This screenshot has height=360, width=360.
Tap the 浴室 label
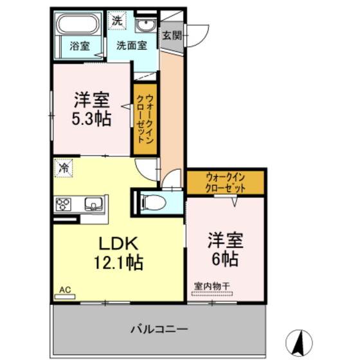(80, 46)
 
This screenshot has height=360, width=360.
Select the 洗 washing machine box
(116, 21)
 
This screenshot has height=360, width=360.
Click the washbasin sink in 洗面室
(145, 25)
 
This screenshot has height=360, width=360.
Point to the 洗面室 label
(132, 46)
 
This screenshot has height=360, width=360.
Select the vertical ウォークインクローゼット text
(145, 119)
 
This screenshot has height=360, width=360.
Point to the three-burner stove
(64, 205)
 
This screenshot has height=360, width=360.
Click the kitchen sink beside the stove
(93, 205)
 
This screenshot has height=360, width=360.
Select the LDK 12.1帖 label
(118, 253)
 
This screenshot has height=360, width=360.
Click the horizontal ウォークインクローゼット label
(225, 182)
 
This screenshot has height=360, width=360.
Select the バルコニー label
(159, 330)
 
